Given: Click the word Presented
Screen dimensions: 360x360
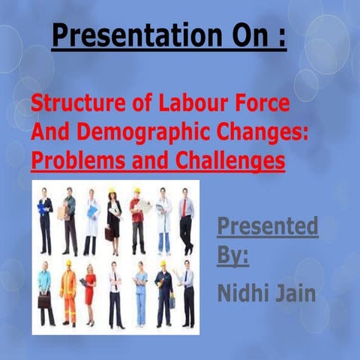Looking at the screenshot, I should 267,226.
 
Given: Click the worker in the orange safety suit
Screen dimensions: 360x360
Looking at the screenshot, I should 68,292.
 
